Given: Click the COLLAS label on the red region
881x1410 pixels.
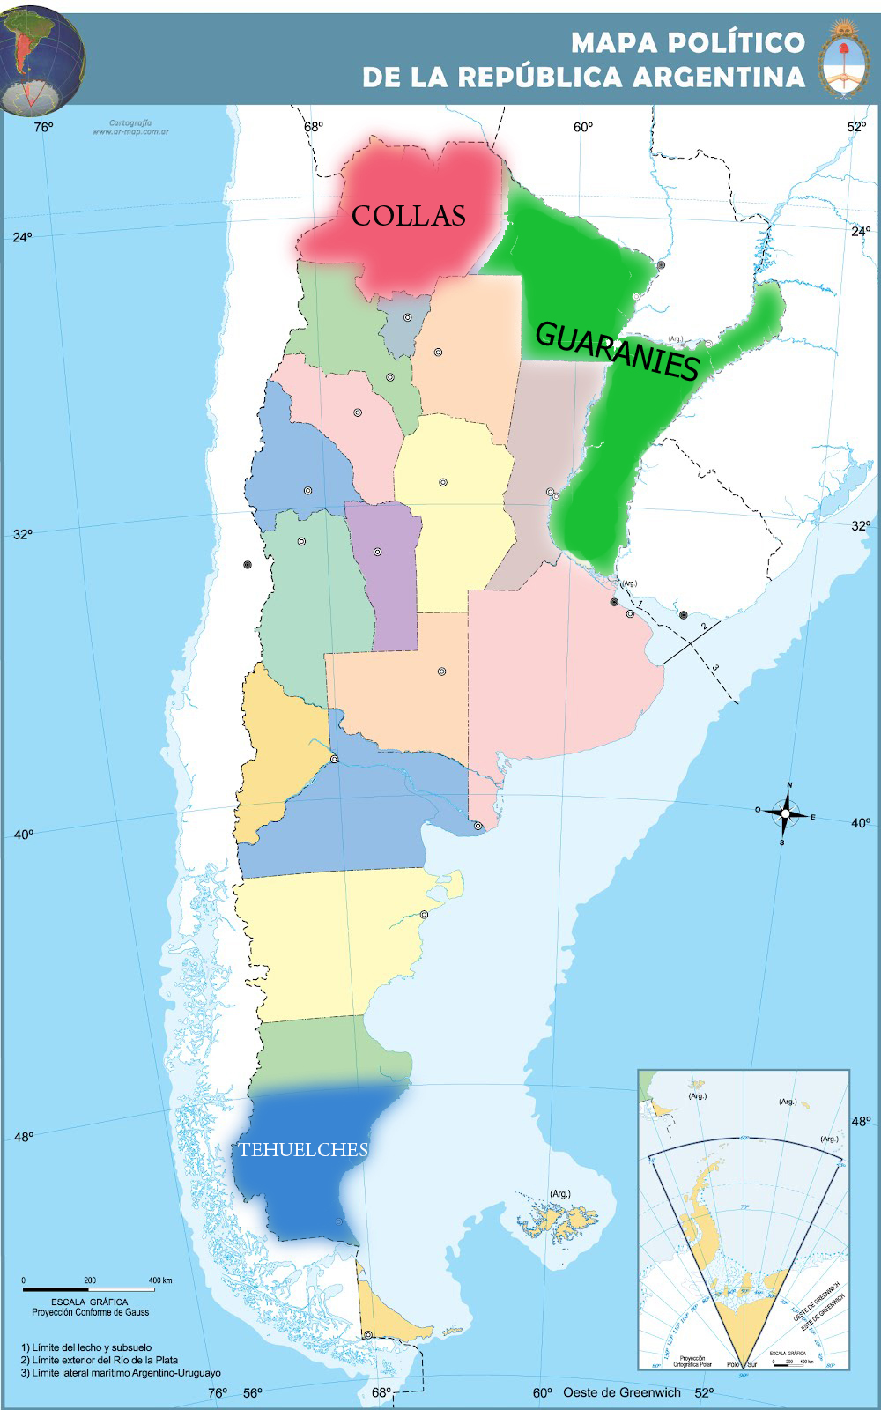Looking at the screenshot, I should click(409, 216).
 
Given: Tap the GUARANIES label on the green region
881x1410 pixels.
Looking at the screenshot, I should click(617, 351).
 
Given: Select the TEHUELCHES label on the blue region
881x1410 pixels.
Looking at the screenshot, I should click(303, 1149).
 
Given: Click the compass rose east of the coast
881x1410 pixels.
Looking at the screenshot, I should click(785, 813).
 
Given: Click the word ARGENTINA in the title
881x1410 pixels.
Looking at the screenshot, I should click(719, 78).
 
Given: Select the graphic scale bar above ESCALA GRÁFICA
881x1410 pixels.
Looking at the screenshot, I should click(89, 1289).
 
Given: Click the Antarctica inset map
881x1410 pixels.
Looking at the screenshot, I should click(744, 1219).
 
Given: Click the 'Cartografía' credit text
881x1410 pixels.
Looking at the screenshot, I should click(130, 122).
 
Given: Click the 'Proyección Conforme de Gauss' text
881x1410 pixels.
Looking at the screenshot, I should click(90, 1312).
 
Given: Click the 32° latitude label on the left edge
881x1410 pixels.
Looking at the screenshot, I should click(22, 533).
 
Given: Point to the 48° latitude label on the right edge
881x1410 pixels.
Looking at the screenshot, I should click(860, 1122).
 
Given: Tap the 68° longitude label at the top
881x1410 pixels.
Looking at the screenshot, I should click(314, 127).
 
